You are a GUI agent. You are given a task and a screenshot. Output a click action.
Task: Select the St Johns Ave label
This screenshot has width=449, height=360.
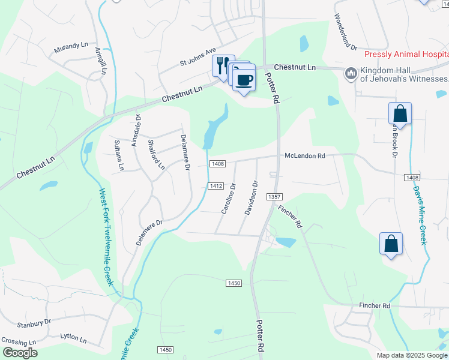point(197,58)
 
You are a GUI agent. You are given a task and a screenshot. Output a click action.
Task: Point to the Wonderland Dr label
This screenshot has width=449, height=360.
point(345,32)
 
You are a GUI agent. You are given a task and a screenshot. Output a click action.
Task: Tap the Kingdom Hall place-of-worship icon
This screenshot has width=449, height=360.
point(349,74)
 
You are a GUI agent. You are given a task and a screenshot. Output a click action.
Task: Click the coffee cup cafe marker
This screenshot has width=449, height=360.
point(244,79)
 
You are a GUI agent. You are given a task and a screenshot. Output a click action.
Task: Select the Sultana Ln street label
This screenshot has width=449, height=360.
point(119,155)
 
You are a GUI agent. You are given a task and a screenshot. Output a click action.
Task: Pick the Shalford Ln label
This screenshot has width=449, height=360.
point(156,153)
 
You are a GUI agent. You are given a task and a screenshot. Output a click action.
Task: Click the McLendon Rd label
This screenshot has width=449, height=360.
point(304,155)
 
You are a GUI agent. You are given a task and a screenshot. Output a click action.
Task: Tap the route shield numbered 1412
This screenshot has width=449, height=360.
point(217,186)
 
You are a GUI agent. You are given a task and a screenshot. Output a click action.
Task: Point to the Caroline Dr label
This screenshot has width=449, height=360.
point(228,198)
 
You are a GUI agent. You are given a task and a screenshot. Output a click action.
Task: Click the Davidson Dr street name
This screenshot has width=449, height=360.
point(250,198)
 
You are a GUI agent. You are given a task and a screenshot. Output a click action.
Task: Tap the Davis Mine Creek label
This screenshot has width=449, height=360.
point(419,214)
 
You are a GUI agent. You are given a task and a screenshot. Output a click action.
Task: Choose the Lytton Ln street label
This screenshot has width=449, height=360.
point(73,338)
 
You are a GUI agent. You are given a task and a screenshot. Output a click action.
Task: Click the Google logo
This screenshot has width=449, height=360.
point(20,352)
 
